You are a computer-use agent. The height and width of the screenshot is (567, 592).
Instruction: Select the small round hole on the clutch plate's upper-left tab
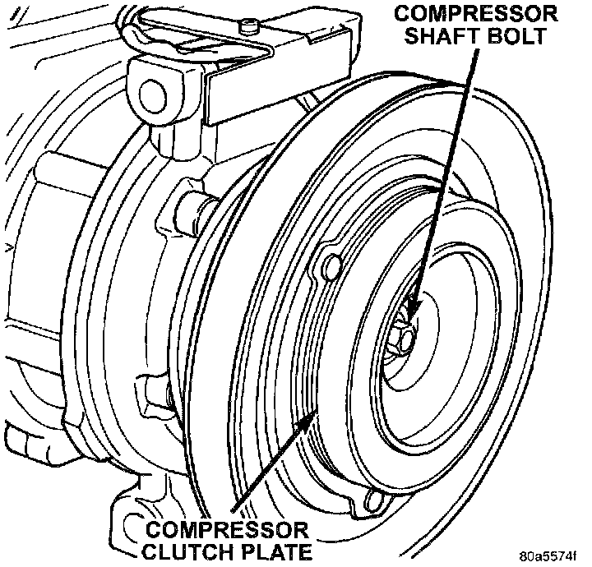coord(333,265)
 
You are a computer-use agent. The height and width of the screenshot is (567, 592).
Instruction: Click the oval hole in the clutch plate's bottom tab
coord(375,499)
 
